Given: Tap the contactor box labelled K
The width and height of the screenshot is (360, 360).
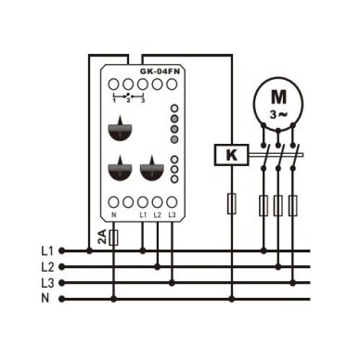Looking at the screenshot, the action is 232,155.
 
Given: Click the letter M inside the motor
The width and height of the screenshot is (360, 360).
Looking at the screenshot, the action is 278,96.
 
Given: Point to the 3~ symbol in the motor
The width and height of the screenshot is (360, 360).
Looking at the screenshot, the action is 278,115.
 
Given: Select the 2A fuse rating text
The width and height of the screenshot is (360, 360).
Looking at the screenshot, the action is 102,238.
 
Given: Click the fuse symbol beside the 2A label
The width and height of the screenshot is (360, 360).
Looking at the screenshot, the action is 114,238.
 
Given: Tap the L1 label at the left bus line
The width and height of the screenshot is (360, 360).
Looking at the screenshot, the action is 47,251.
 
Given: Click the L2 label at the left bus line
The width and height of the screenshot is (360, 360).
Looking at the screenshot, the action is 47,267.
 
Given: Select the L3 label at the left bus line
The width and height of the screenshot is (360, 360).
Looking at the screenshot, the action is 47,283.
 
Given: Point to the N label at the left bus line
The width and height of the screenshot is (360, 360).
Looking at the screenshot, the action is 45,299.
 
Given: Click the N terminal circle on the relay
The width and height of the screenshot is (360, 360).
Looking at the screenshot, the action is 114,202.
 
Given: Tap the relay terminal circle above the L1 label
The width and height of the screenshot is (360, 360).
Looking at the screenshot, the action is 143,202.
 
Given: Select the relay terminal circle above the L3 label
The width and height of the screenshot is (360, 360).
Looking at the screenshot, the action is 172,202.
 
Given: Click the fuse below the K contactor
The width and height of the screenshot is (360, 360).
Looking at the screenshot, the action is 232,203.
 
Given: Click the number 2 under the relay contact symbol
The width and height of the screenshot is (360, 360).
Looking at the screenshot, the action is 128,100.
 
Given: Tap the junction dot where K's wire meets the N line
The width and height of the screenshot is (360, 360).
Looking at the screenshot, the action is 232,299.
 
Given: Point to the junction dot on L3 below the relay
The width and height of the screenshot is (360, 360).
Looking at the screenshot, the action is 172,283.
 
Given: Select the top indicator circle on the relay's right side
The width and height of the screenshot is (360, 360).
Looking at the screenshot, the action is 175,109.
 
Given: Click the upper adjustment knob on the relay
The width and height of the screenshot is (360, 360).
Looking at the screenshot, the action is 121,129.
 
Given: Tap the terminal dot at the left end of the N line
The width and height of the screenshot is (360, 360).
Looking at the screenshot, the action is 62,299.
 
